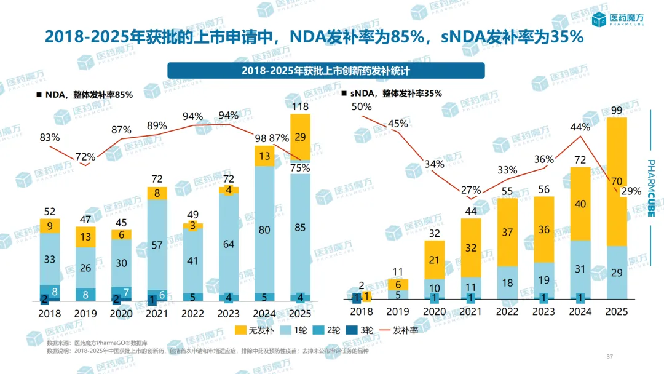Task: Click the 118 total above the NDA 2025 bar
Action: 301,106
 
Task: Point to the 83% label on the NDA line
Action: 49,138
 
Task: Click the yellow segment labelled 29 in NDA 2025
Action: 301,137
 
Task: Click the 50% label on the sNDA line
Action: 362,107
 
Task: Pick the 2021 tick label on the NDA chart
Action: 157,313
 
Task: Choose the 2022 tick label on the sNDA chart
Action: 505,311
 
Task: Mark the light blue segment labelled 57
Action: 157,245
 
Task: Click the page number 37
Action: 610,357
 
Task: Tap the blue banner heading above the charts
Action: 326,70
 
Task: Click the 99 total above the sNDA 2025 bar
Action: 617,111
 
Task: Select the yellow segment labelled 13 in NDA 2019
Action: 85,237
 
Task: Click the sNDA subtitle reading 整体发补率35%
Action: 392,94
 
